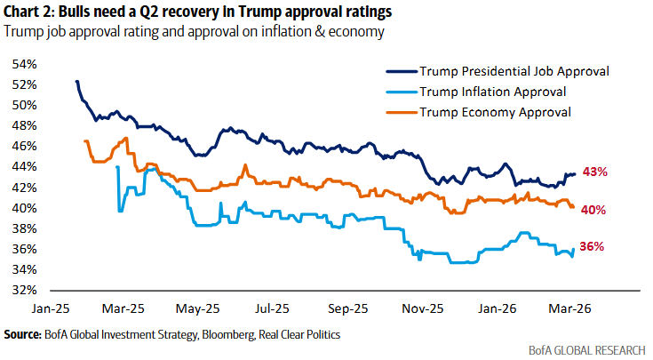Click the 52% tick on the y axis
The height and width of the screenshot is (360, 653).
[24, 84]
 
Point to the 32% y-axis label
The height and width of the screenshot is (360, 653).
[24, 291]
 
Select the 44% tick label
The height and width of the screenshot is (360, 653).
[24, 167]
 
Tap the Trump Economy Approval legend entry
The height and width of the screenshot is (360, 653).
[494, 112]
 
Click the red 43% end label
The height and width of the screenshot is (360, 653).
[595, 172]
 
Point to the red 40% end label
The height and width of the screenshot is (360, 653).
[595, 210]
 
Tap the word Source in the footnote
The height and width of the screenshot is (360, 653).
[22, 334]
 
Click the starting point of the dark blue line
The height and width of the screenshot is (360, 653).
[77, 81]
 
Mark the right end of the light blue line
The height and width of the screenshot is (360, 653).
[575, 248]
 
